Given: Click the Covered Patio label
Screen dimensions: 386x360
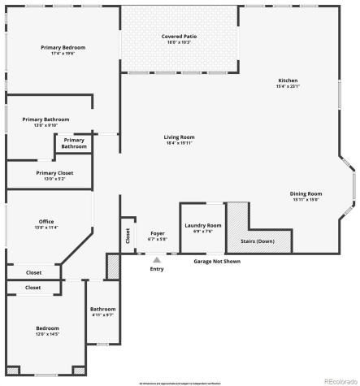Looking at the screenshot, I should [x=180, y=37].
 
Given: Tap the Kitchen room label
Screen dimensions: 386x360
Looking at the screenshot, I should [x=288, y=81].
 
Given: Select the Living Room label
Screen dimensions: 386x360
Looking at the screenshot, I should [x=180, y=137].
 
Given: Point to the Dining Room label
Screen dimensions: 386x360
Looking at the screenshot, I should [x=306, y=193].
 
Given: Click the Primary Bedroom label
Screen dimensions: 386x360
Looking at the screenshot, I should [x=63, y=47].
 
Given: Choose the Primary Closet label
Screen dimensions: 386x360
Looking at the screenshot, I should [x=54, y=172].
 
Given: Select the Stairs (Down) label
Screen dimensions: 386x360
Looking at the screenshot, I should [x=257, y=241].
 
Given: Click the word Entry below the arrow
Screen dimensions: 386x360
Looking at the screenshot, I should [x=157, y=269].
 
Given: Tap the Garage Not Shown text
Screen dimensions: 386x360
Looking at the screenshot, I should [x=216, y=261].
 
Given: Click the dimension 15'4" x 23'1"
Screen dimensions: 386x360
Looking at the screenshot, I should [x=288, y=87].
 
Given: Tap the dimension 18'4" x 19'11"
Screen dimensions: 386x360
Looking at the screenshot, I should [x=180, y=143].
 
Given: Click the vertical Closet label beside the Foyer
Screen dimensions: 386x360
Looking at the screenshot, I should [x=128, y=236].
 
